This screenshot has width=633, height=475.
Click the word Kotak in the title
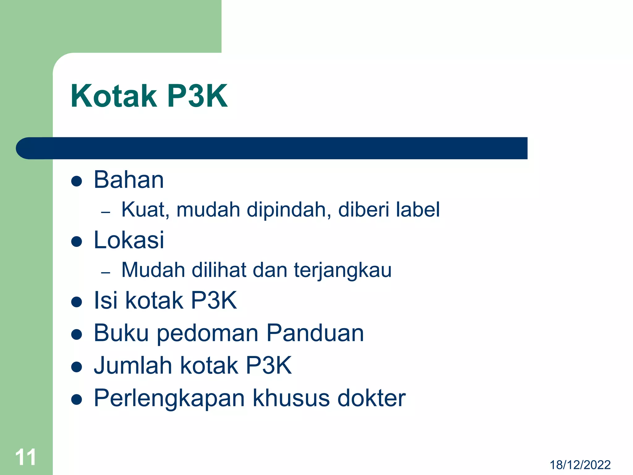pos(113,96)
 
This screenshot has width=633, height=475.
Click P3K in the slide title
pos(198,96)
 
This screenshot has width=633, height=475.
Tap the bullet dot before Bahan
pos(76,181)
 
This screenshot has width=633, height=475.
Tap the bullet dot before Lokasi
pos(76,241)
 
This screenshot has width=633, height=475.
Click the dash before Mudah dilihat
pos(106,272)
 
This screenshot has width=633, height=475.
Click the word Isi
pos(105,300)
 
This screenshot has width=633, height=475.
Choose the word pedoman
pos(208,334)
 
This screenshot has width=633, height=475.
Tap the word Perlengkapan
pos(169,398)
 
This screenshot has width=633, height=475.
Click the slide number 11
pos(26,457)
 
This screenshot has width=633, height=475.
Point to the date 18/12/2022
pos(580,465)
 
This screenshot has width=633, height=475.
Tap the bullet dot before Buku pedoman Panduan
pos(76,334)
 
